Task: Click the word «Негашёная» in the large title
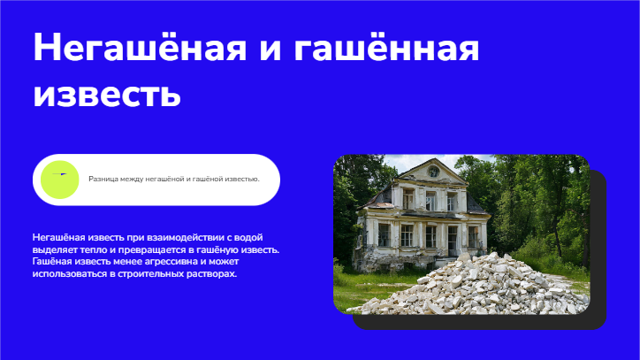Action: (140, 47)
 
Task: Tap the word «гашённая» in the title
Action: (385, 49)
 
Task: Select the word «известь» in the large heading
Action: (107, 94)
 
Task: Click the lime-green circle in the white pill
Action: (59, 180)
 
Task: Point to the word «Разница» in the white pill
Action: (103, 179)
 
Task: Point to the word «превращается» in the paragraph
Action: (152, 249)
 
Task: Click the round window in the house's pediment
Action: (433, 172)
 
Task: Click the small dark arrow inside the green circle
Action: (59, 174)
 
